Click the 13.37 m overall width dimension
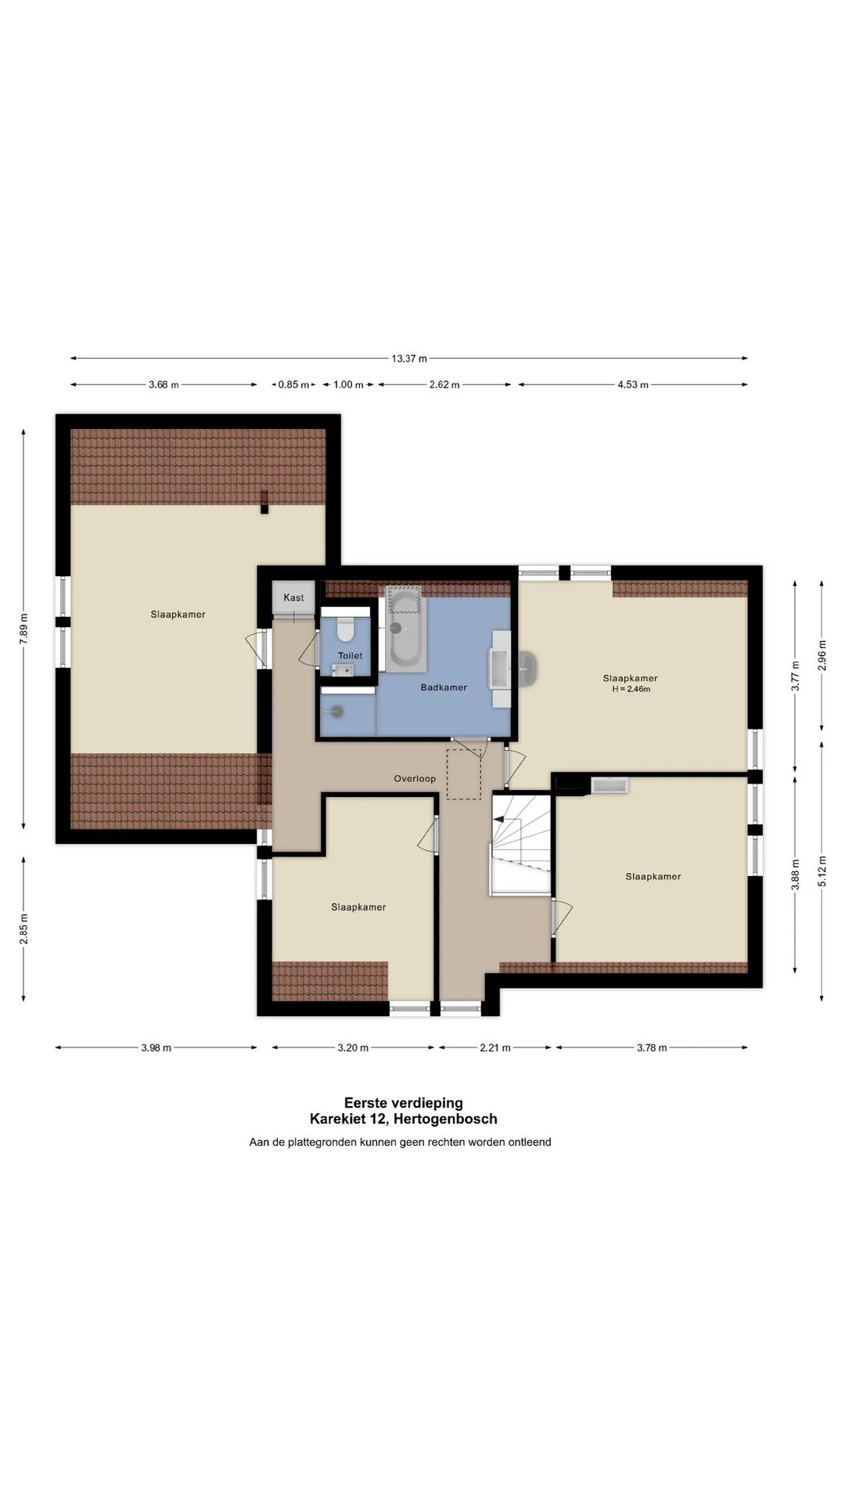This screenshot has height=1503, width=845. click(x=409, y=359)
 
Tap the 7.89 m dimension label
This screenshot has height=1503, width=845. click(x=24, y=628)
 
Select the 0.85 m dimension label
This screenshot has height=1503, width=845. click(x=293, y=384)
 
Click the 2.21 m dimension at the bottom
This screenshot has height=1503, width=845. click(x=494, y=1047)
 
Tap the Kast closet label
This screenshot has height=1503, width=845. click(x=294, y=597)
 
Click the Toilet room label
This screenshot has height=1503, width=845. click(x=350, y=655)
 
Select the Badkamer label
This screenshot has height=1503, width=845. click(x=444, y=687)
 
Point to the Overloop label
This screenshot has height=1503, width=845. click(x=415, y=778)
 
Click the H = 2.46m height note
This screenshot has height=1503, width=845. click(x=631, y=689)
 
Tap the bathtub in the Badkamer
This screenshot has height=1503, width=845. click(x=406, y=629)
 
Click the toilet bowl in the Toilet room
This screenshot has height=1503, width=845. click(x=345, y=629)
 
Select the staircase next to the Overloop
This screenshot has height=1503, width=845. click(x=520, y=843)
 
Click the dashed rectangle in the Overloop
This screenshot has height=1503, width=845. click(x=464, y=774)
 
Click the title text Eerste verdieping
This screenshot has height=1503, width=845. click(x=404, y=1103)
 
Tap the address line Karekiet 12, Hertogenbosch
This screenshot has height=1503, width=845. click(x=404, y=1119)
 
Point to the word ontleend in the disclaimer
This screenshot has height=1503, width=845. click(x=530, y=1142)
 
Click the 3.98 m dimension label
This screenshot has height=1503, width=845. click(x=156, y=1047)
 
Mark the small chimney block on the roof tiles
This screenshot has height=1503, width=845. click(x=264, y=502)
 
